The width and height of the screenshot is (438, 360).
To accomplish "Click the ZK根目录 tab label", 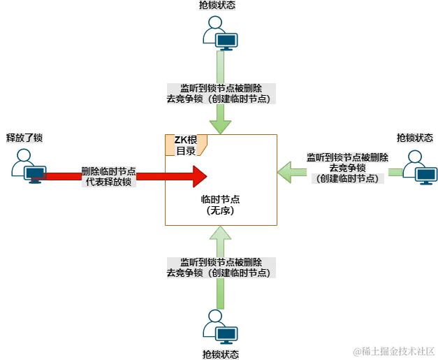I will [186, 145].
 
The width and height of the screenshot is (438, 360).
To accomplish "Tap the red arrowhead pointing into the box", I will [198, 176].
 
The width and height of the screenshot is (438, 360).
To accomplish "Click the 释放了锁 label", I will [24, 138].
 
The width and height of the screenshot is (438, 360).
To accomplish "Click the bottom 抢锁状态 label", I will [220, 354].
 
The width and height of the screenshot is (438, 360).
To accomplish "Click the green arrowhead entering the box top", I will [221, 126].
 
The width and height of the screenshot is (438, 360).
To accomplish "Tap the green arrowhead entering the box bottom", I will [221, 233].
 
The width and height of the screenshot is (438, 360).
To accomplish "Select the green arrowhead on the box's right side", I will [285, 170].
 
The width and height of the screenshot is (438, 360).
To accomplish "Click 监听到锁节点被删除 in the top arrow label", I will [220, 87].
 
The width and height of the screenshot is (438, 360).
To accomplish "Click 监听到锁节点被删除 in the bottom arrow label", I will [220, 261].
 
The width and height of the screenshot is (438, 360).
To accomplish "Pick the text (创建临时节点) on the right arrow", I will [349, 179].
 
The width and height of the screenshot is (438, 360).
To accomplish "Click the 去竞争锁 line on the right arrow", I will [349, 168].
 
